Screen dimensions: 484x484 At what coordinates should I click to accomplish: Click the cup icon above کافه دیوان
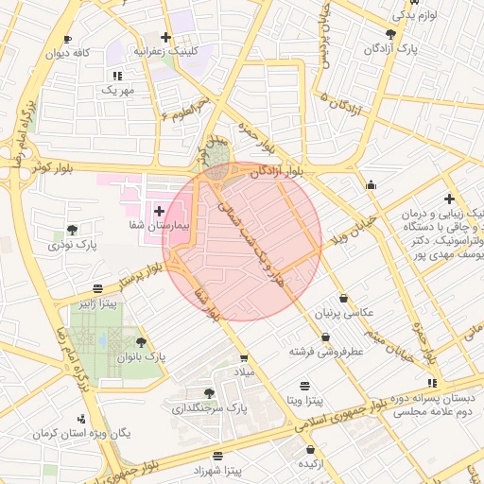(x=67, y=39)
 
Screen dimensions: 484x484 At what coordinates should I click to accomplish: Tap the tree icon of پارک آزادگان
(x=391, y=33)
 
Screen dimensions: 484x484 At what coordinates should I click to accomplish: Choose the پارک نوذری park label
(x=72, y=245)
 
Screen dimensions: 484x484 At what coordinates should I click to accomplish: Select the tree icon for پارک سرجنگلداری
(x=209, y=393)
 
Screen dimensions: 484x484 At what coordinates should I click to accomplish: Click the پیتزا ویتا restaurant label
(x=304, y=401)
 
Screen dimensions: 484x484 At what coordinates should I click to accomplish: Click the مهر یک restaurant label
(x=118, y=90)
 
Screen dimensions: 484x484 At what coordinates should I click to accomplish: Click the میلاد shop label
(x=245, y=372)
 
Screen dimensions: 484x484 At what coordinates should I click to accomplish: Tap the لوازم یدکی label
(x=416, y=15)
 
